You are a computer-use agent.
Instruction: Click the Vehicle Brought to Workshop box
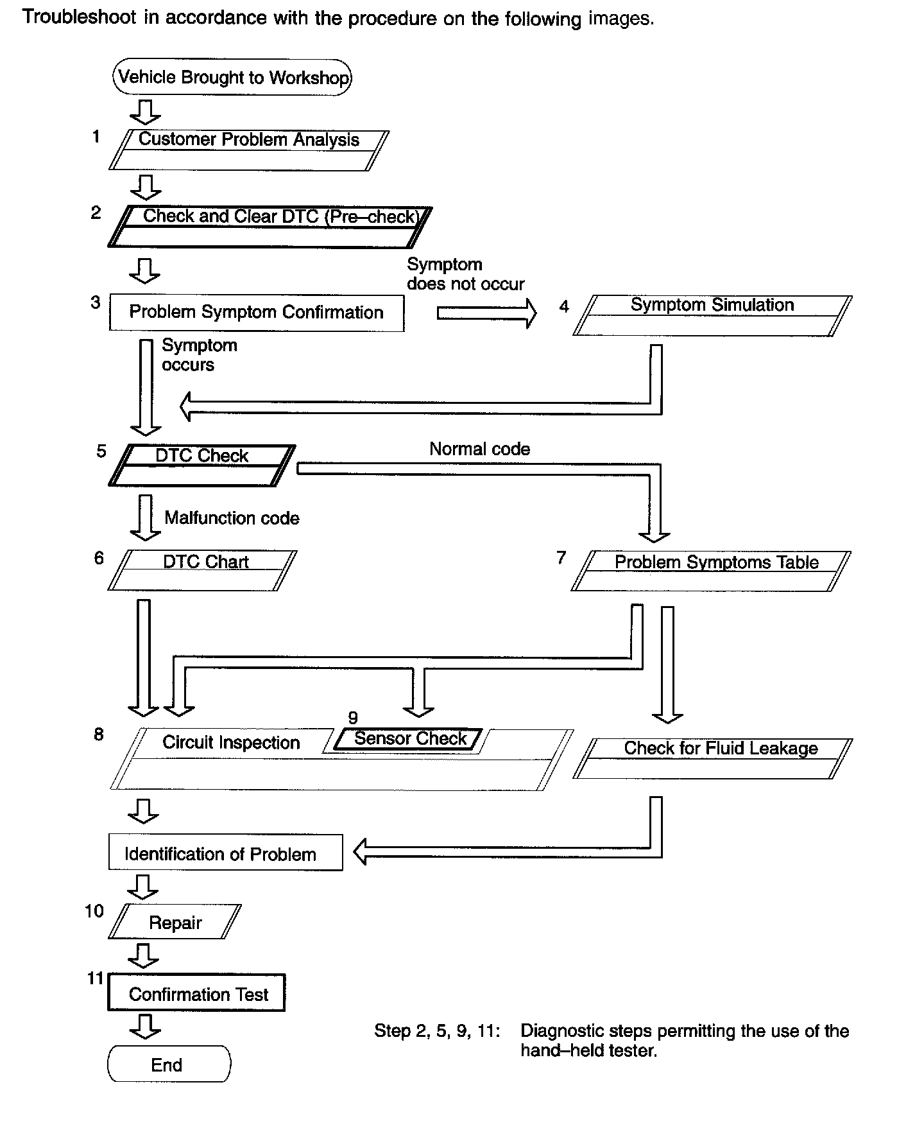coord(232,78)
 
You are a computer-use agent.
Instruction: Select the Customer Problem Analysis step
coord(249,150)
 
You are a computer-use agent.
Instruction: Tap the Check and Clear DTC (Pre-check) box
coord(270,227)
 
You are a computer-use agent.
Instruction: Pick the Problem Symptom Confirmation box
coord(256,313)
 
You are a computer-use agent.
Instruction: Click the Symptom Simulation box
coord(712,315)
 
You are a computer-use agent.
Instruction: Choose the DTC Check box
coord(202,465)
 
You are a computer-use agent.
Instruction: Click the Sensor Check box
coord(409,739)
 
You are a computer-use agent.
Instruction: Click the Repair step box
coord(175,922)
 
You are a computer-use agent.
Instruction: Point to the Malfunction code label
coord(232,517)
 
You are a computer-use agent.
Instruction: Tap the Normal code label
coord(479,449)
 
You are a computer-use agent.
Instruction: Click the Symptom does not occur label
coord(465,274)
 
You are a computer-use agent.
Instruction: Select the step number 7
coord(561,557)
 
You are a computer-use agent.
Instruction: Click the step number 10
coord(94,910)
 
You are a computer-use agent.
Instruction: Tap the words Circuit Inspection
coord(231,742)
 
